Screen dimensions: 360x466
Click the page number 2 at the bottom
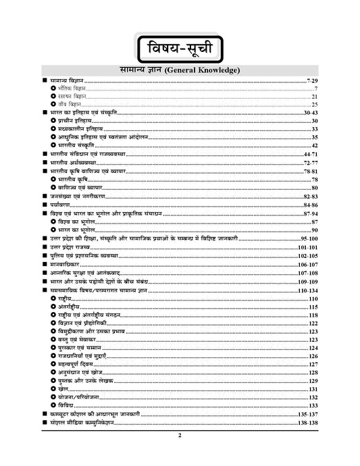click(180, 436)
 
